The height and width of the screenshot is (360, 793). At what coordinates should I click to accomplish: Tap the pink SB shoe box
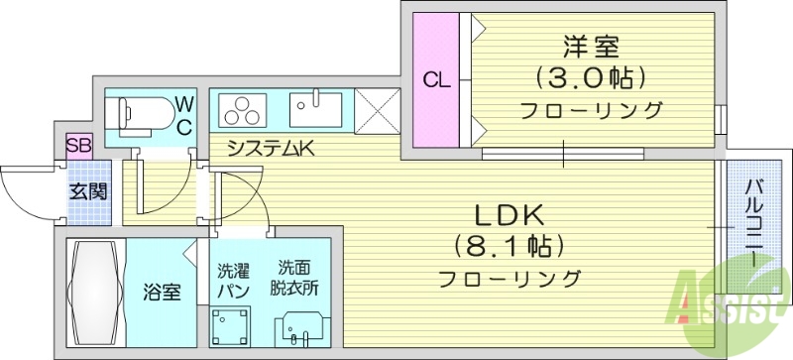click(78, 146)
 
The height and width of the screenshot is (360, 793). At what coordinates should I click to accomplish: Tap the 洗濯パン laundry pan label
click(233, 279)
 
